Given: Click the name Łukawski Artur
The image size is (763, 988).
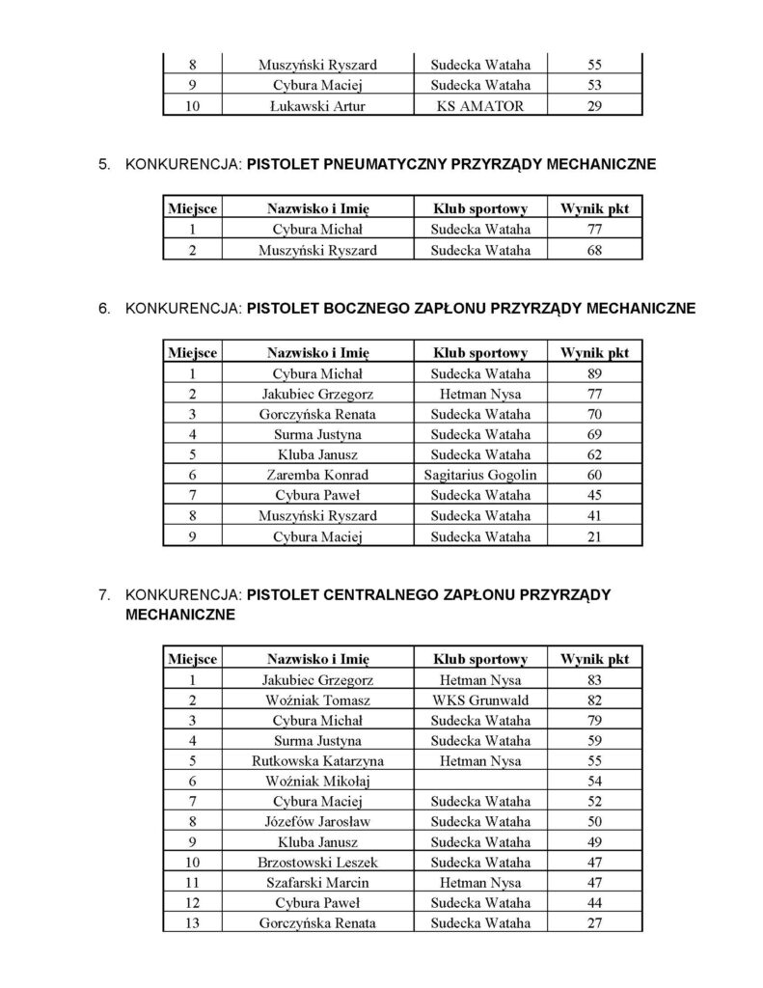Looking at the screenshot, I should click(x=317, y=106).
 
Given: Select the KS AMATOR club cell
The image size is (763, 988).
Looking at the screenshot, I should click(x=480, y=106).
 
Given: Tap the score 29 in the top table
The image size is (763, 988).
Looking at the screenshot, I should click(x=594, y=106).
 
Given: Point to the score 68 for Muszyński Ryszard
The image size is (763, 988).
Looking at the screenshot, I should click(x=594, y=251).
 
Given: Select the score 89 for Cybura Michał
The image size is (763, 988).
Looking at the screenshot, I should click(x=594, y=374).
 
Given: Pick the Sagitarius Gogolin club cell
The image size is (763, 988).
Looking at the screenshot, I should click(x=480, y=475).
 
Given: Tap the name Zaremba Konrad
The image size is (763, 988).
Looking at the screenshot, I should click(x=317, y=475).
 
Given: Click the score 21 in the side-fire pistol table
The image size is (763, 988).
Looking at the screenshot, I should click(x=594, y=537).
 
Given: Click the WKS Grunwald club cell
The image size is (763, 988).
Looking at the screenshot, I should click(x=480, y=700).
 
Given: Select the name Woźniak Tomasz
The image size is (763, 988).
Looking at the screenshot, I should click(x=317, y=700).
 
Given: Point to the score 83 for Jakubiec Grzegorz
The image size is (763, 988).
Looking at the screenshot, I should click(x=594, y=679).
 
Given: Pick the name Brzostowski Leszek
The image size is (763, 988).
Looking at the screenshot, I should click(x=317, y=862).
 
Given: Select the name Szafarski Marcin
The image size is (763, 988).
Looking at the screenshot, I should click(x=317, y=882).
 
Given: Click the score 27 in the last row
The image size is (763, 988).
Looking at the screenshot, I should click(x=594, y=922).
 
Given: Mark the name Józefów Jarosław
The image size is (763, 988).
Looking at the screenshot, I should click(x=317, y=821).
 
